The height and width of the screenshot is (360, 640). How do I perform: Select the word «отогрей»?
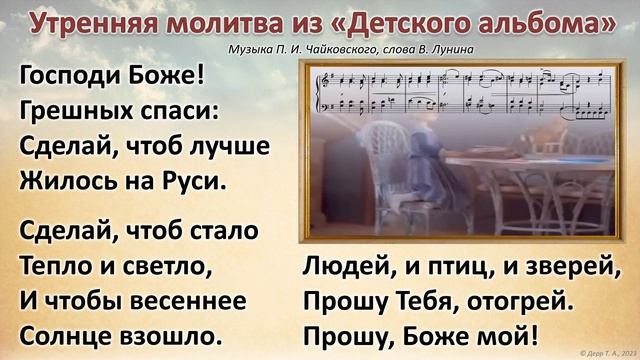[x=520, y=298]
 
